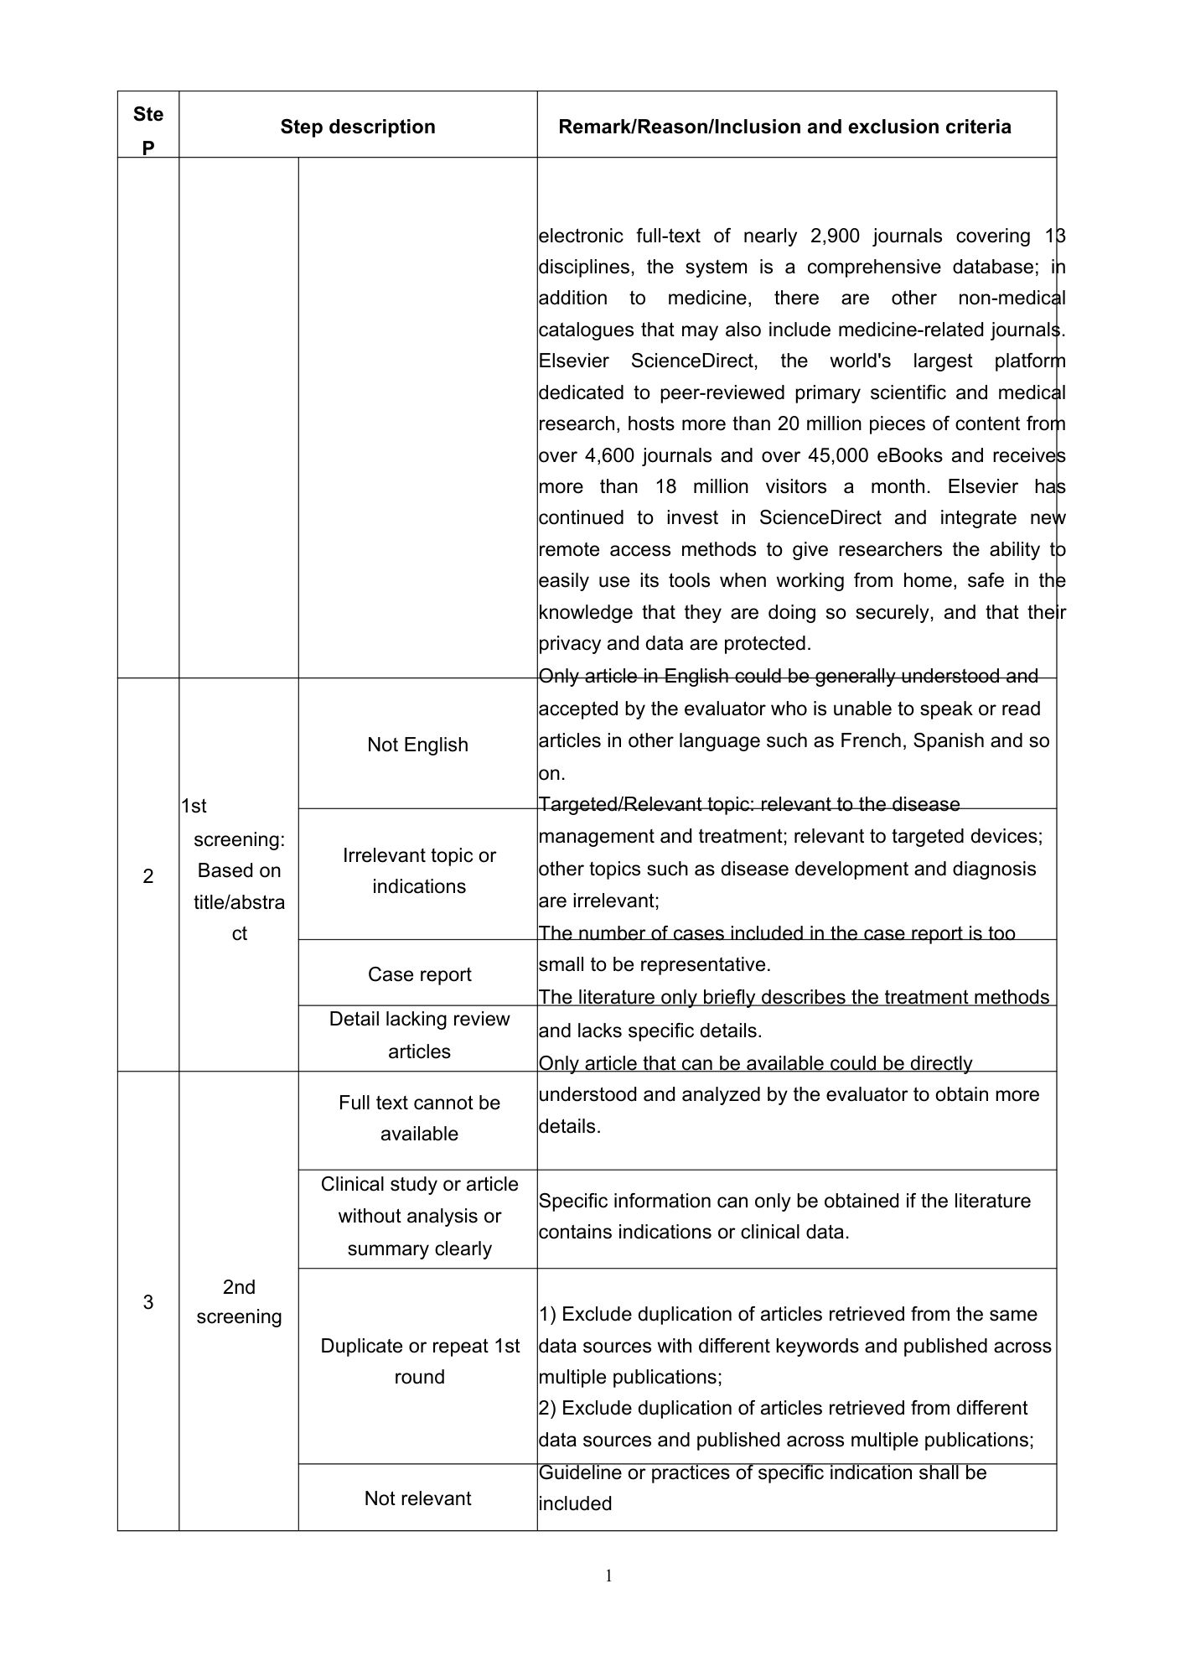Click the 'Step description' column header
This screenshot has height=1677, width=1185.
tap(358, 127)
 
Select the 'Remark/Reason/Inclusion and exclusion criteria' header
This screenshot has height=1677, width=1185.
tap(784, 127)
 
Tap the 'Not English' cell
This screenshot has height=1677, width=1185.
tap(417, 745)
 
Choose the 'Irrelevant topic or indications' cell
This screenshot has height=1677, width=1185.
tap(419, 871)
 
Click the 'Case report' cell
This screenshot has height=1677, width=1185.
tap(419, 974)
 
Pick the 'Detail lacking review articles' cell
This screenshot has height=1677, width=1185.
tap(419, 1035)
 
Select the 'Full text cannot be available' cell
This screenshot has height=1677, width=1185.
tap(419, 1118)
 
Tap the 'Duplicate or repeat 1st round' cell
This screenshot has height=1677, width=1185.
tap(419, 1361)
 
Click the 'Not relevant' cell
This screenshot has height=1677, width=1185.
tap(417, 1498)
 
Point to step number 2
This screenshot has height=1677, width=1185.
tap(148, 876)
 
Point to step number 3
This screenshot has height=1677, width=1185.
tap(148, 1301)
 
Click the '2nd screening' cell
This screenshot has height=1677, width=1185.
tap(239, 1301)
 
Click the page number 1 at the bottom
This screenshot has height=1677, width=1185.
tap(609, 1576)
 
